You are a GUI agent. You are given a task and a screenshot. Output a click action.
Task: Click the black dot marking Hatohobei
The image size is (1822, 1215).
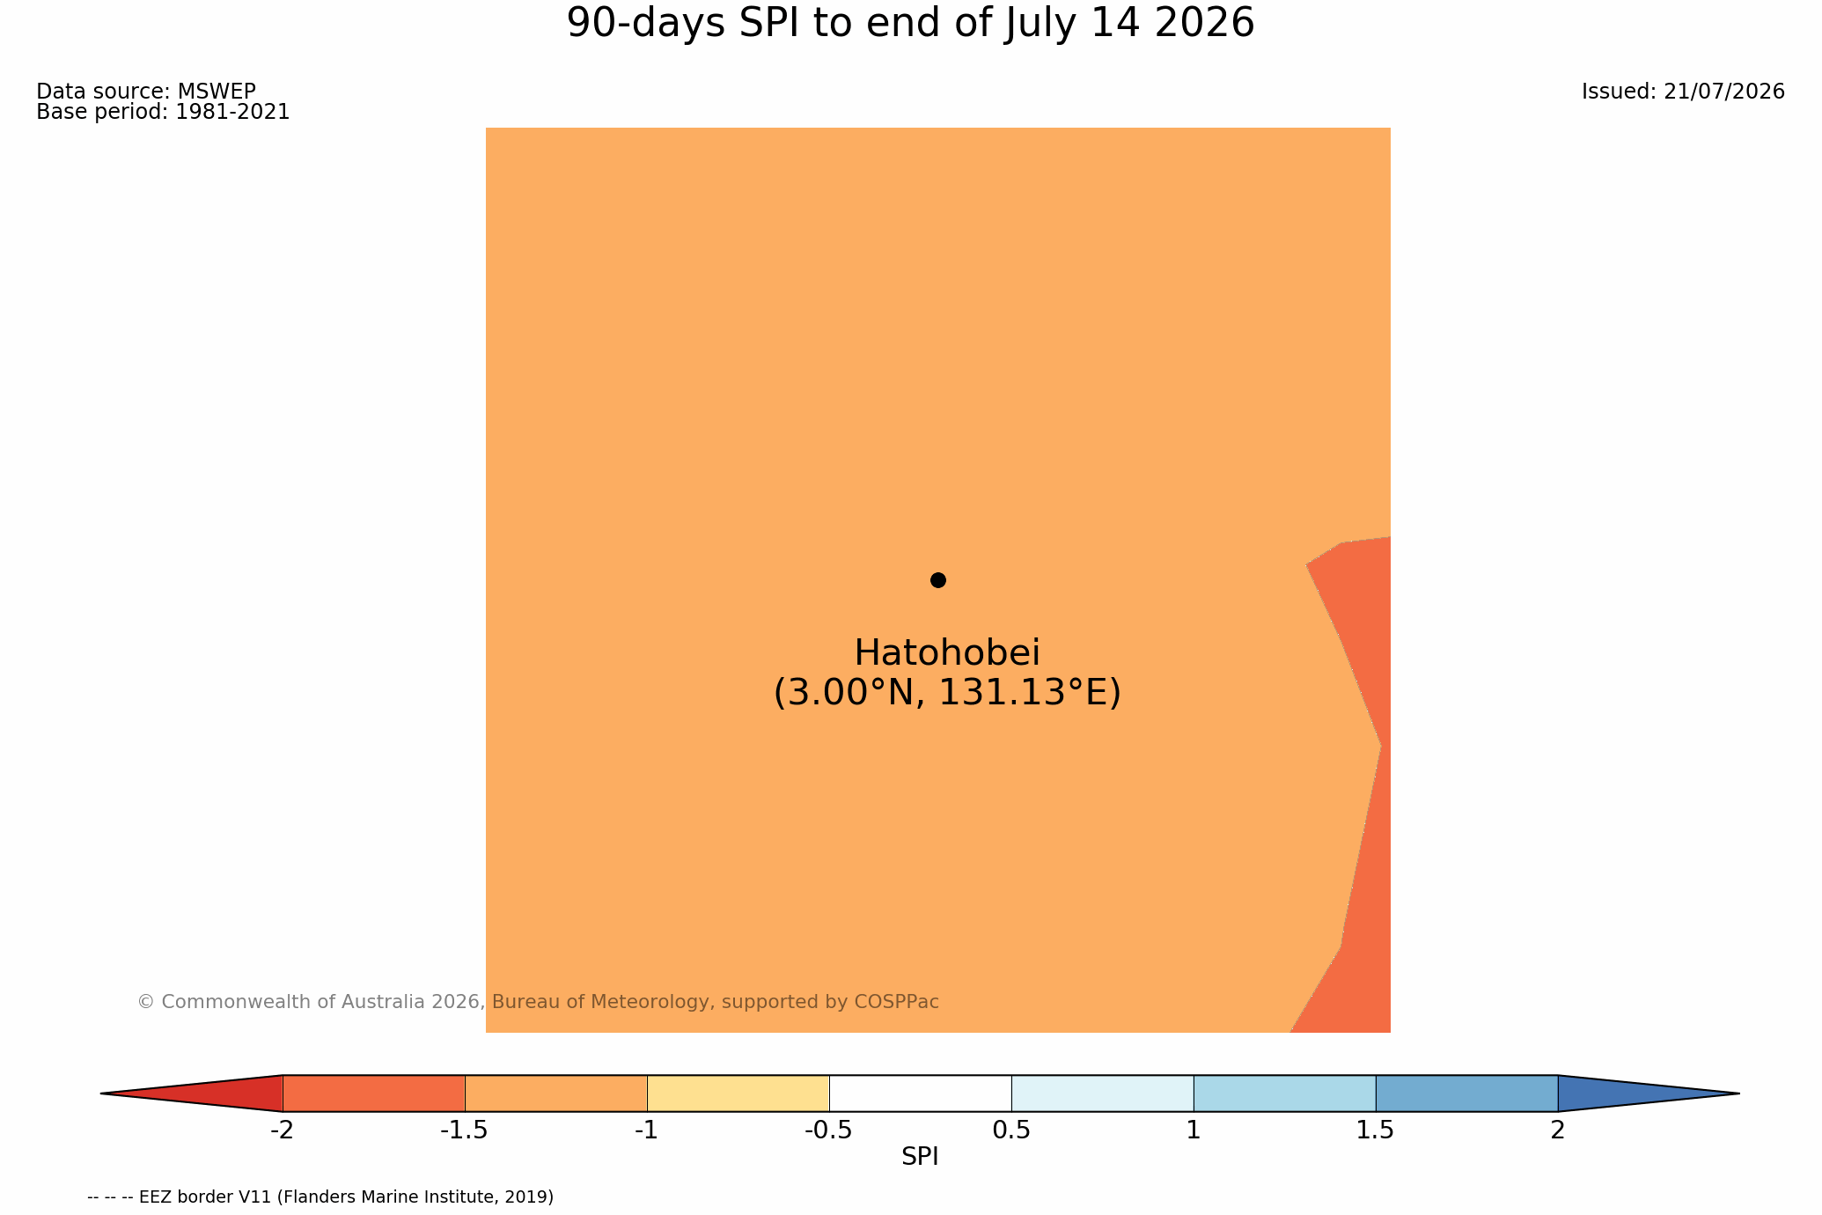pos(938,580)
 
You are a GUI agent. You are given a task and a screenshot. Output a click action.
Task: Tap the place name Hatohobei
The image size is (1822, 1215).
pos(947,653)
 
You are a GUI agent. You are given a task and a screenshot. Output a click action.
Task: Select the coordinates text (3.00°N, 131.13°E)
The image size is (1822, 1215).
pos(947,693)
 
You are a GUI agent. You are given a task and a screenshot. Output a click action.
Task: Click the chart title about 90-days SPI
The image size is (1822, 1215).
pos(910,24)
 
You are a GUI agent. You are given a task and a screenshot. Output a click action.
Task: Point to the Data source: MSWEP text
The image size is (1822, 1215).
pos(146,92)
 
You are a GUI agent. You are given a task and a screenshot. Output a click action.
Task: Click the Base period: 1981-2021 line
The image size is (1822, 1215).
pos(163,113)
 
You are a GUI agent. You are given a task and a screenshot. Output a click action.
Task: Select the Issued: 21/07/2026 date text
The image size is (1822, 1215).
pos(1683,92)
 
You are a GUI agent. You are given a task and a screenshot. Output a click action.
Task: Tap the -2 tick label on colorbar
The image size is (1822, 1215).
pos(282,1130)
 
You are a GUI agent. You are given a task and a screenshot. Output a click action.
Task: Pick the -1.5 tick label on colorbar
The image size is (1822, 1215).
pos(464,1130)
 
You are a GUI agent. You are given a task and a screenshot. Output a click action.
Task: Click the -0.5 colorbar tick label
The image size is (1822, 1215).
pos(828,1130)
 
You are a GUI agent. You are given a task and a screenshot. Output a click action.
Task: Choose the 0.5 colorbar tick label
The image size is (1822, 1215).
pos(1011,1130)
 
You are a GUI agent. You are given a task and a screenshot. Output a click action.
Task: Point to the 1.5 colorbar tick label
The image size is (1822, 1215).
pos(1376,1130)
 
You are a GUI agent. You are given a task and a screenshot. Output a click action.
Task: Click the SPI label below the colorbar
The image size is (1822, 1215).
pos(920,1157)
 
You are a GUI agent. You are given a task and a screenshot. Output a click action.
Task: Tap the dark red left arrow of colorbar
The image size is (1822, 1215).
pos(211,1093)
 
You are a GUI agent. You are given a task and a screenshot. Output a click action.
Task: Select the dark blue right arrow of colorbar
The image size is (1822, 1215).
pos(1628,1093)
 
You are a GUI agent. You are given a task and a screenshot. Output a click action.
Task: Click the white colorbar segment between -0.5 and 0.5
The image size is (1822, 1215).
pos(920,1093)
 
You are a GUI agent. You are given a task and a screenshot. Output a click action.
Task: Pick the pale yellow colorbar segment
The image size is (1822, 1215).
pos(738,1093)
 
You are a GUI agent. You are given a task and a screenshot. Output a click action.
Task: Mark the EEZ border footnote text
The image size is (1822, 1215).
pos(320,1197)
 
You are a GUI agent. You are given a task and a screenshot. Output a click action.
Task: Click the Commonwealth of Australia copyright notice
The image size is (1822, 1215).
pos(538,1002)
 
